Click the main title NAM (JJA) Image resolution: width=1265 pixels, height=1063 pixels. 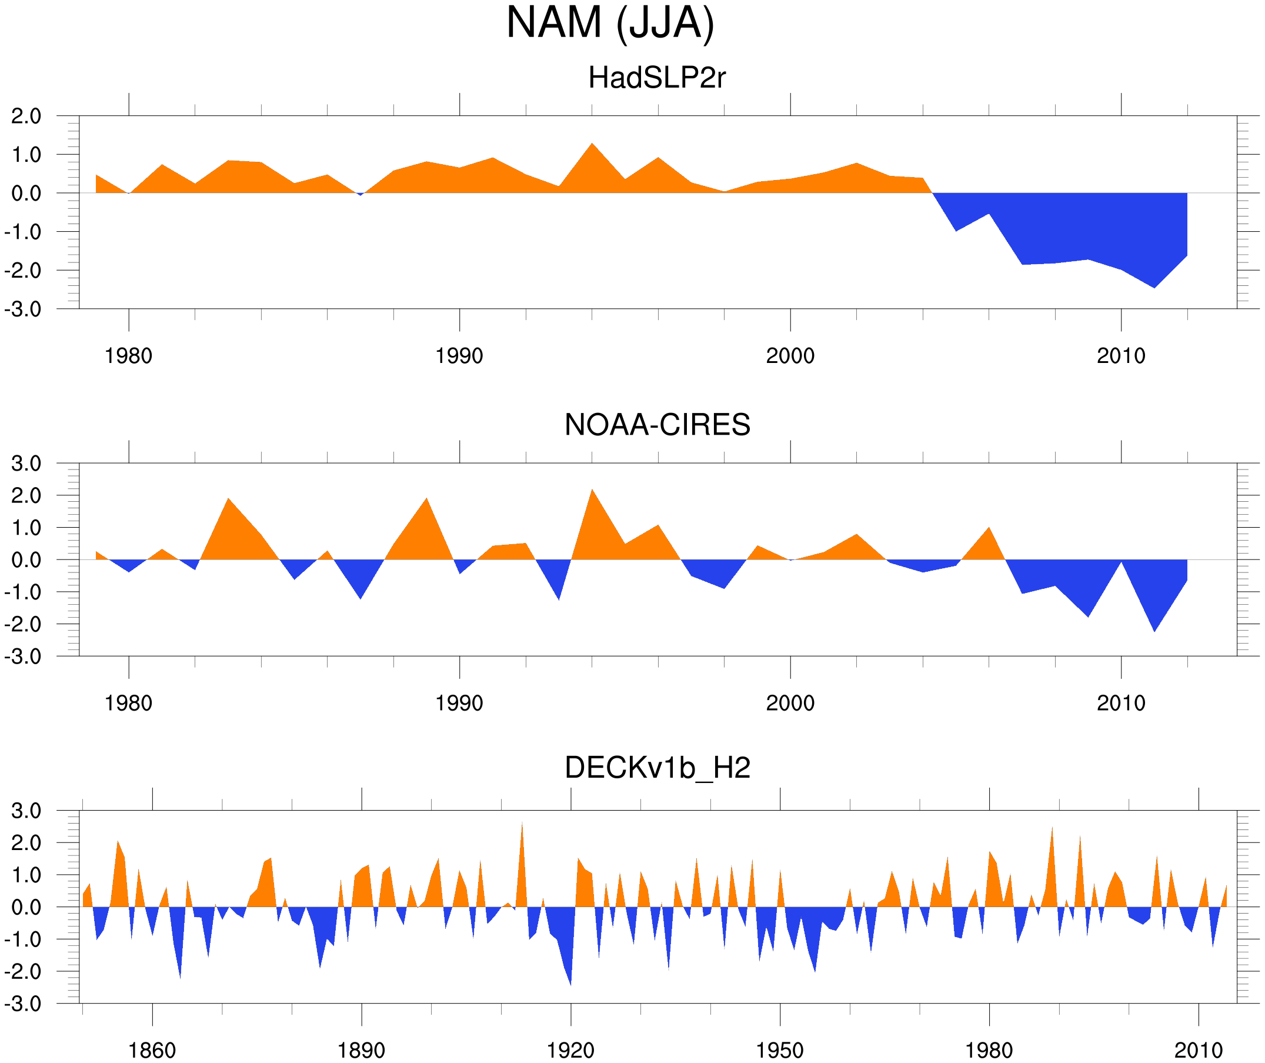[x=610, y=23]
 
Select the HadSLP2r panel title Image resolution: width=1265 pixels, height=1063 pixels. [x=656, y=78]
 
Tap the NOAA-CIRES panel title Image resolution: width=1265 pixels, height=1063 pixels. [x=657, y=425]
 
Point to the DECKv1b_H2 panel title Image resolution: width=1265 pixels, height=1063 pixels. [x=657, y=768]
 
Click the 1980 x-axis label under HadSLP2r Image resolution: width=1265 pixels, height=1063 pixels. [x=128, y=356]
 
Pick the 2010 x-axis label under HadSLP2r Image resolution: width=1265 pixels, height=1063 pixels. [x=1120, y=356]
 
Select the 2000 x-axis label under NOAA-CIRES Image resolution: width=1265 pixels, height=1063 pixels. [x=790, y=703]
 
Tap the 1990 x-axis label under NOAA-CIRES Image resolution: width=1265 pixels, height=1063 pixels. [x=459, y=703]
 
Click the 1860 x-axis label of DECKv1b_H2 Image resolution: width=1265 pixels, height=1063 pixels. [x=152, y=1050]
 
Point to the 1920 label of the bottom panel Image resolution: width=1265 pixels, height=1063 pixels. [x=570, y=1050]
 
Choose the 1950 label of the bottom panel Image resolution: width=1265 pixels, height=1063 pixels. [x=779, y=1050]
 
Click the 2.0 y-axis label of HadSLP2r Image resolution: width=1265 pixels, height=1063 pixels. [x=26, y=116]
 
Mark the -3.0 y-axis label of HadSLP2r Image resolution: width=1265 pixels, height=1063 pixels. [x=23, y=309]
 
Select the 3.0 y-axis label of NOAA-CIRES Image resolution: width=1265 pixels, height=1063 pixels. [x=26, y=464]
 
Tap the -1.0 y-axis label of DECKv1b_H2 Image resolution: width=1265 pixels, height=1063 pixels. [x=23, y=939]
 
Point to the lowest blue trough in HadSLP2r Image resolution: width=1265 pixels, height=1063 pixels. [x=1154, y=286]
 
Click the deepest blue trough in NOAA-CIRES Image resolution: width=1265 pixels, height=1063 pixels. [x=1154, y=629]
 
